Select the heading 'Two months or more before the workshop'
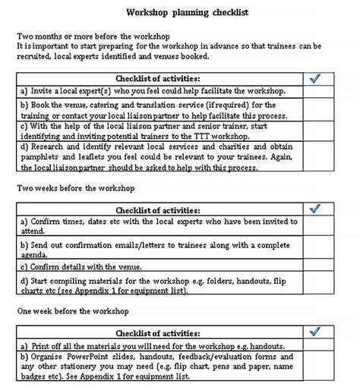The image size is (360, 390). tap(93, 36)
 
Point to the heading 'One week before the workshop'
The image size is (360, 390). tap(73, 311)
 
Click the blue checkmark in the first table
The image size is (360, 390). tap(315, 78)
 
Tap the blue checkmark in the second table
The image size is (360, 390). tap(315, 209)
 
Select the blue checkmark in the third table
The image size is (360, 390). tap(315, 332)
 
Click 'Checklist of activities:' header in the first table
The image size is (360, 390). tap(158, 78)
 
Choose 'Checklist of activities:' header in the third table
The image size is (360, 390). tap(158, 332)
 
